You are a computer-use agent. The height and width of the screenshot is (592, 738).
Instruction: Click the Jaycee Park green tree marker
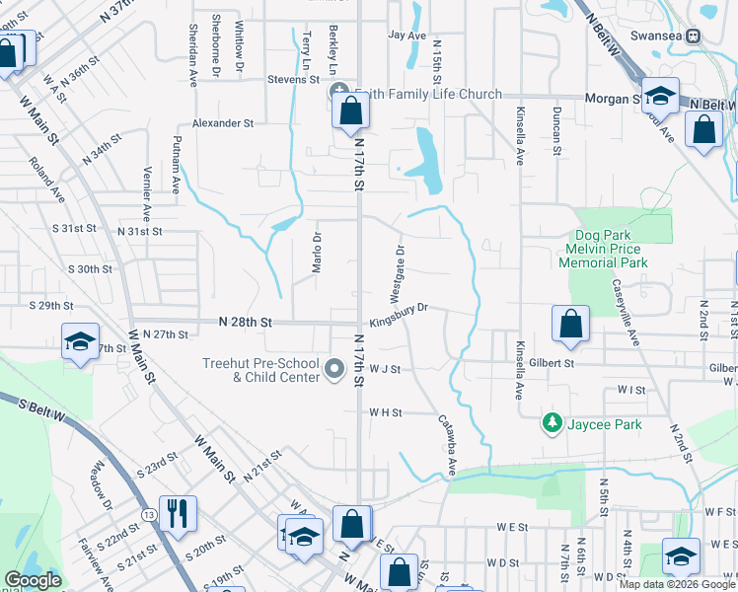(x=553, y=424)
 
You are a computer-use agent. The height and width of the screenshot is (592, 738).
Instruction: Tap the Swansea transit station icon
(x=694, y=36)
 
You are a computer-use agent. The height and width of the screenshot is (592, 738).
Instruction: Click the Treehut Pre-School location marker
(x=334, y=371)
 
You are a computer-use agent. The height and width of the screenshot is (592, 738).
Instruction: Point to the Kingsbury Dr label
(x=399, y=309)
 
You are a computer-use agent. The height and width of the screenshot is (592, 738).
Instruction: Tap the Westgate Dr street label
(x=397, y=275)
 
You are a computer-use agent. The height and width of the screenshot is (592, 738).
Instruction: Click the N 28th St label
(x=245, y=323)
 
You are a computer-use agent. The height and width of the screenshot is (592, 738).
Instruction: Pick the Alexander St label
(x=223, y=123)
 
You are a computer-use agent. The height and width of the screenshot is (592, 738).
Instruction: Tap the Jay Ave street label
(x=406, y=36)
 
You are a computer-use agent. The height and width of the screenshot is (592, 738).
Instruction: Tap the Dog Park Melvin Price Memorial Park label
(x=617, y=250)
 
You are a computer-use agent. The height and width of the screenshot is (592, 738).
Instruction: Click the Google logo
(x=33, y=580)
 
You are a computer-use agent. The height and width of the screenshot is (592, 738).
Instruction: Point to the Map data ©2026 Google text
(x=678, y=584)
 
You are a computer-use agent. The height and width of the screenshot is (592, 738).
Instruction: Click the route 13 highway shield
(x=147, y=515)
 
